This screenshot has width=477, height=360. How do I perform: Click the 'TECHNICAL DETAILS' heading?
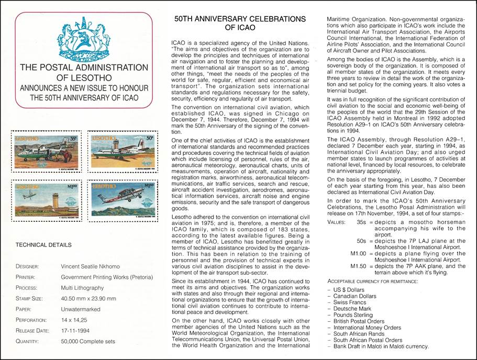point(44,244)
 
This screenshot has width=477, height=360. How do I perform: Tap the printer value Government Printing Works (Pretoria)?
point(107,277)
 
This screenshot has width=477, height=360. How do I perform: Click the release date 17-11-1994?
point(77,330)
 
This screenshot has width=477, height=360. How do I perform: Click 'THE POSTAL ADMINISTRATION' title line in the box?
point(84,67)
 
